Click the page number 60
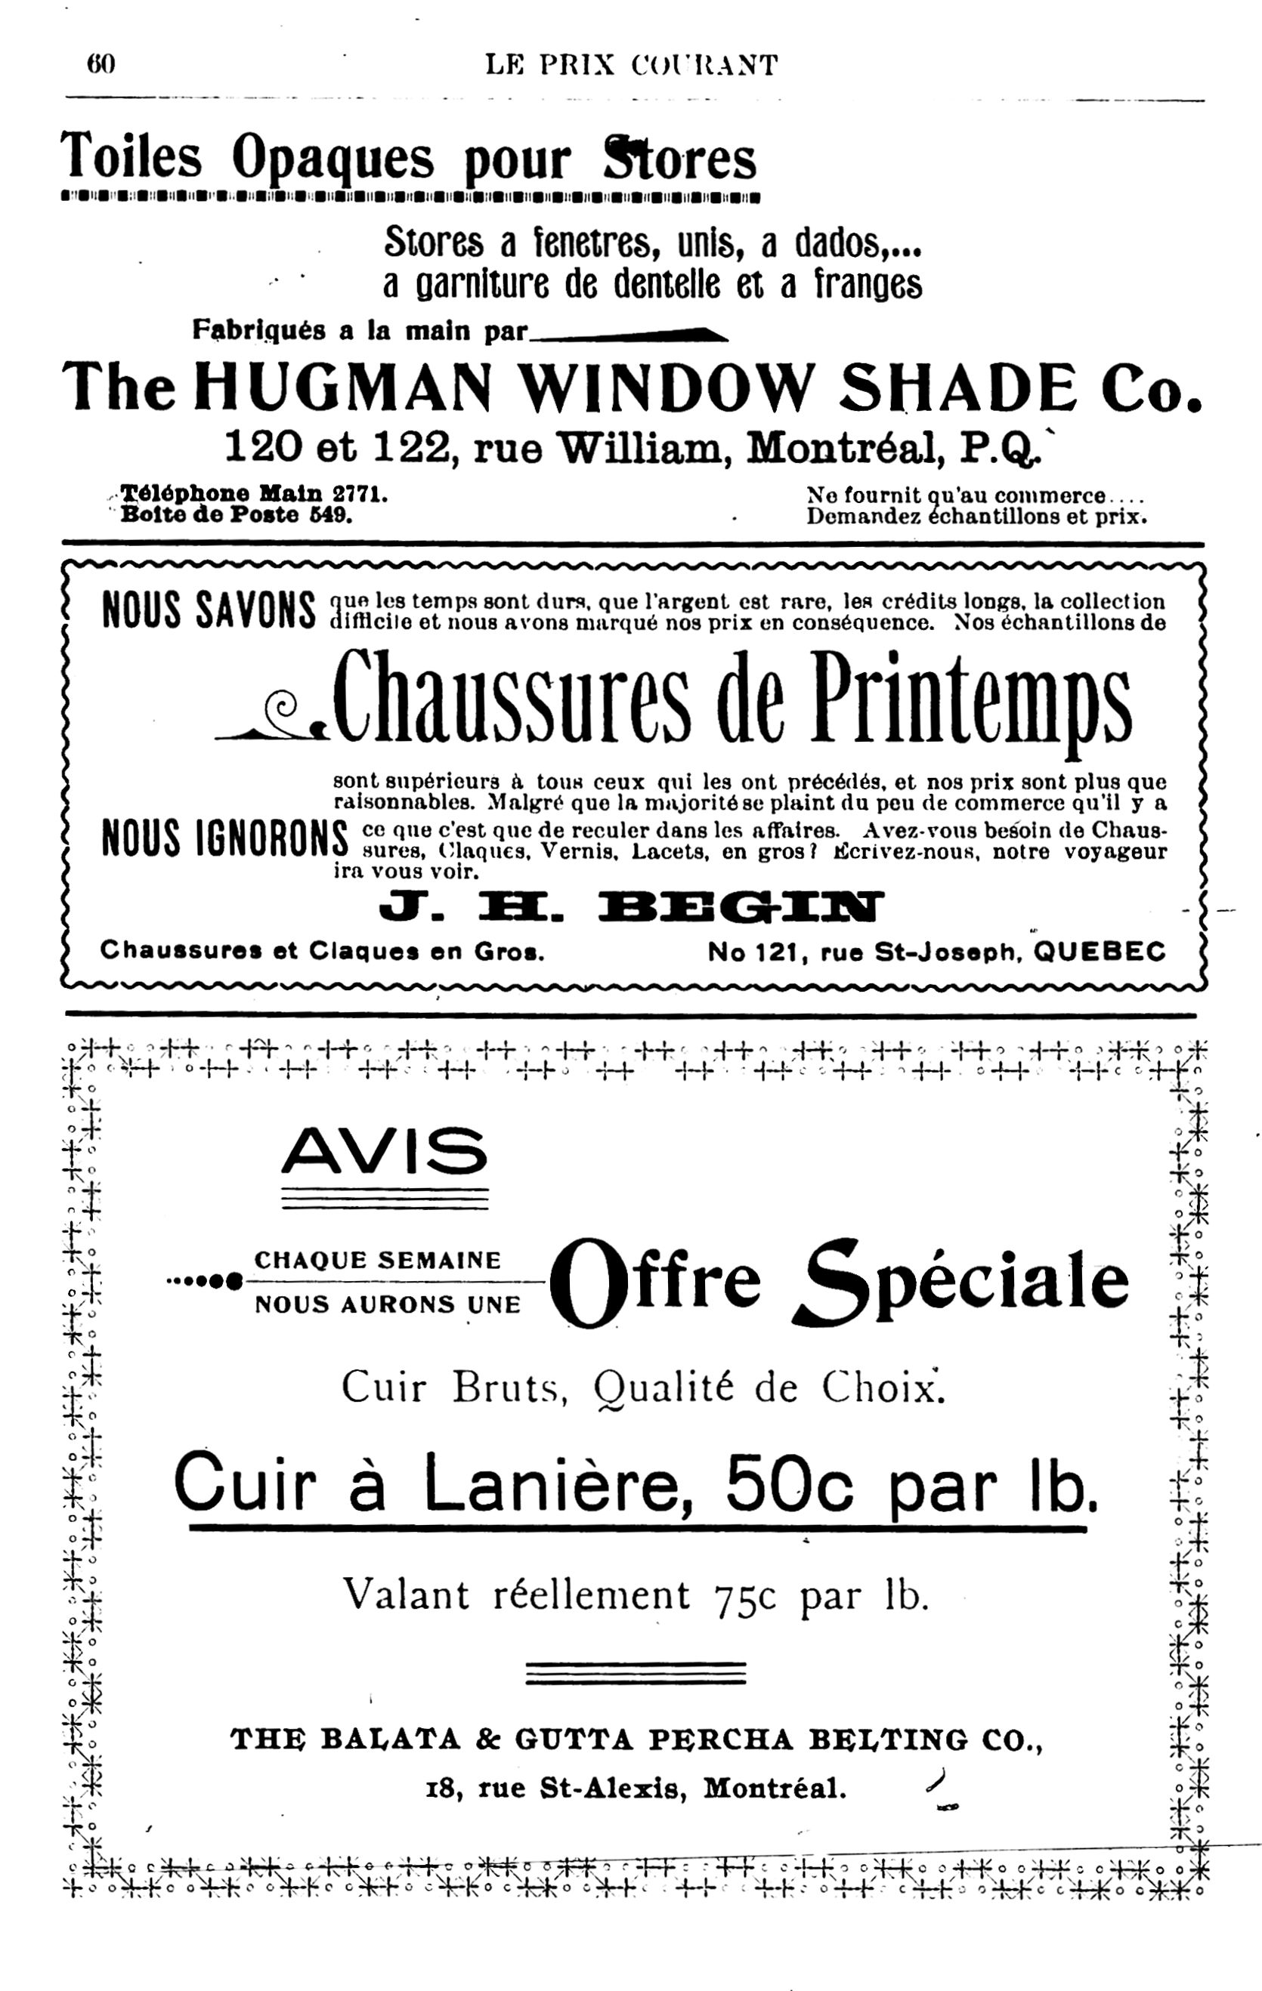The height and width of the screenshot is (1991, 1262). coord(101,64)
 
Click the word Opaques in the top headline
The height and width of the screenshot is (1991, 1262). coord(333,158)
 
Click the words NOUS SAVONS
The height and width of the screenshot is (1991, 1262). coord(209,611)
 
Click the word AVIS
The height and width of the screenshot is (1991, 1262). coord(385,1151)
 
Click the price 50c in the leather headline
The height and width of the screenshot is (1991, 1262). coord(789,1483)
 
